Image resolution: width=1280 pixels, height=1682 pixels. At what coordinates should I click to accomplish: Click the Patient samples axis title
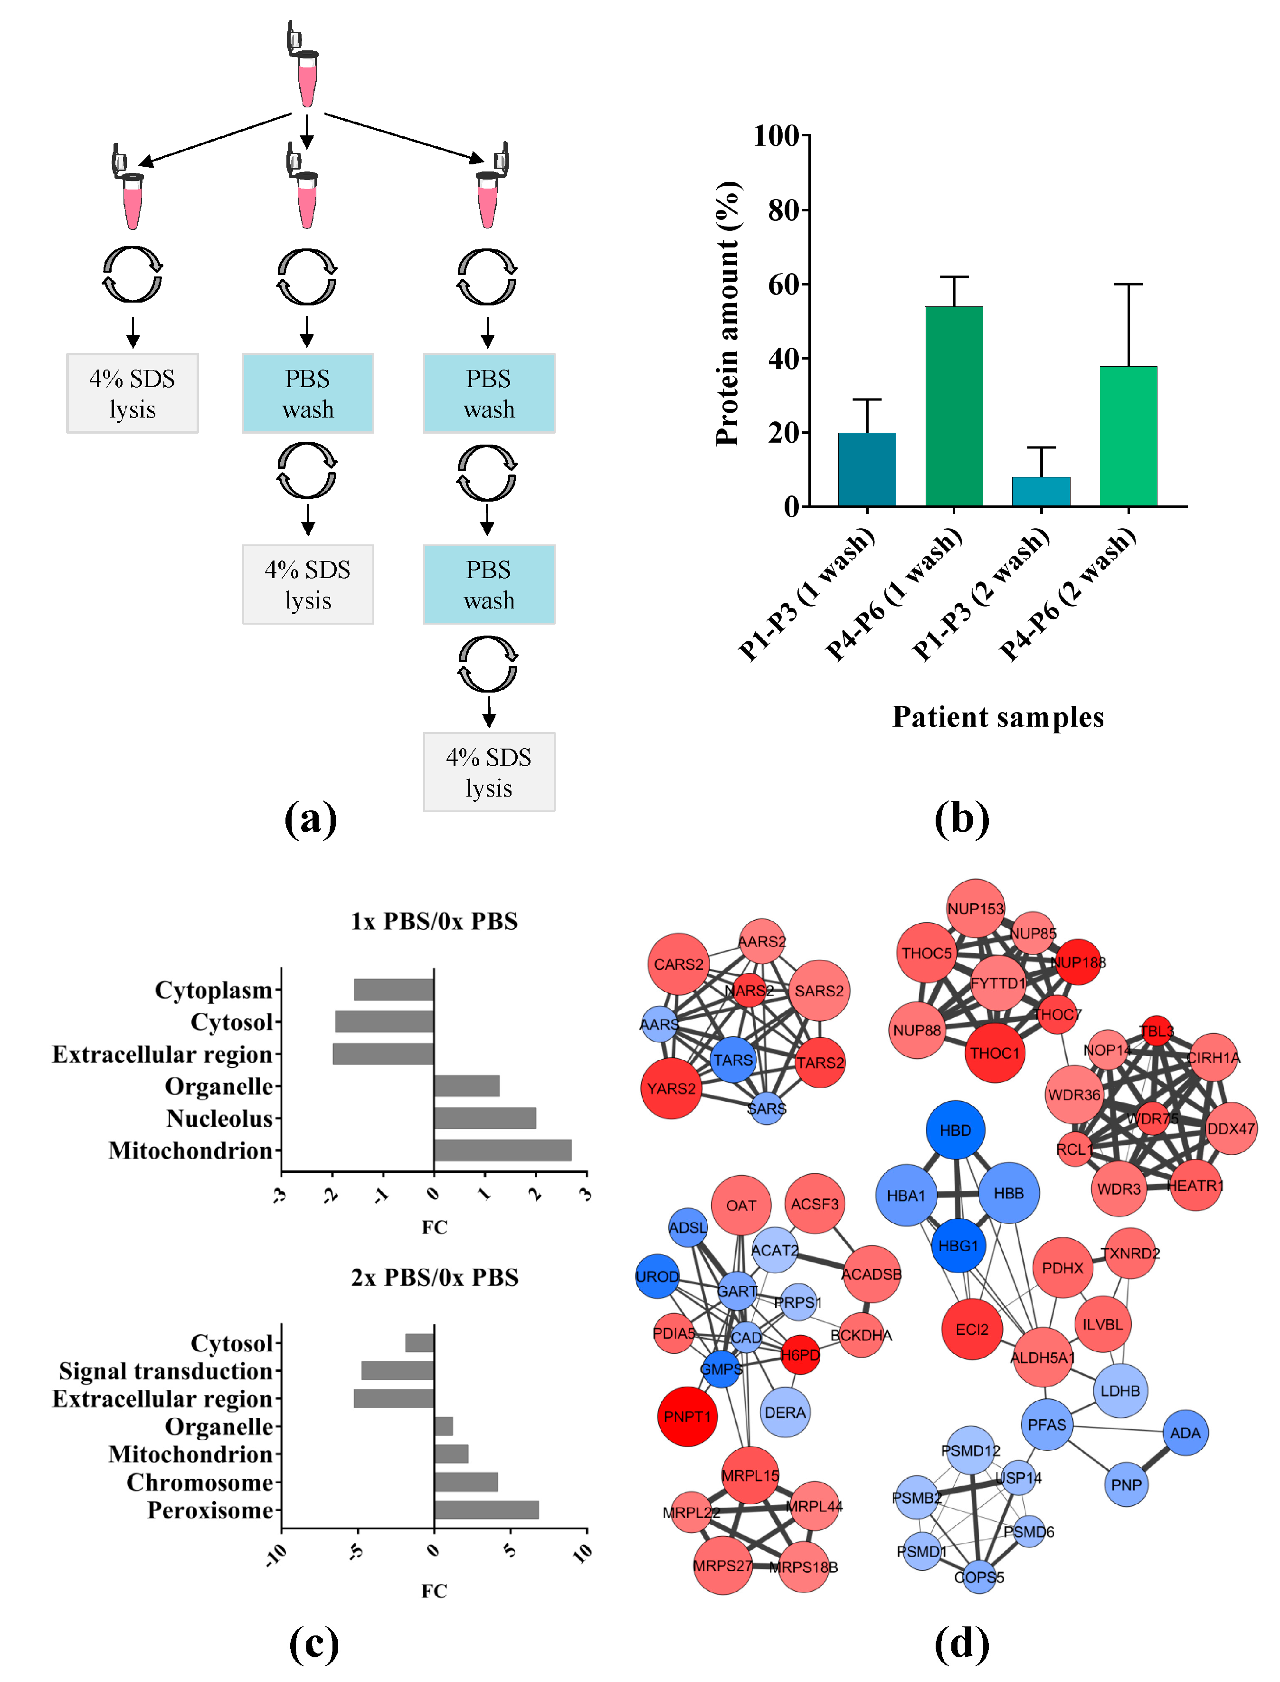[x=998, y=717]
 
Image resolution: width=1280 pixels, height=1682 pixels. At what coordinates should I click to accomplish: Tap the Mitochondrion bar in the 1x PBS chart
[x=503, y=1150]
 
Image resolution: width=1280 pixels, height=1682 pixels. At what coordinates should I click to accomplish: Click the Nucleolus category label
[x=219, y=1118]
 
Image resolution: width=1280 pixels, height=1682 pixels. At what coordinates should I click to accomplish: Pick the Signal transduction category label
[x=165, y=1371]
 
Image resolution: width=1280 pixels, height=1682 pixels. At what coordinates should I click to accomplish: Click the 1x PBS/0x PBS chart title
[x=434, y=921]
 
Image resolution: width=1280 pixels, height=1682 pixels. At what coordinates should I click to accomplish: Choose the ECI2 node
[x=972, y=1329]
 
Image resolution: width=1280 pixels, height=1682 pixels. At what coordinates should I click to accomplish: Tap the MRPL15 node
[x=750, y=1475]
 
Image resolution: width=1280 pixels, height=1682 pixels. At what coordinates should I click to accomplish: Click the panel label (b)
[x=961, y=819]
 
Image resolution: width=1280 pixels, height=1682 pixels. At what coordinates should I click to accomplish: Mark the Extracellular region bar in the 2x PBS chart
[x=394, y=1398]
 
